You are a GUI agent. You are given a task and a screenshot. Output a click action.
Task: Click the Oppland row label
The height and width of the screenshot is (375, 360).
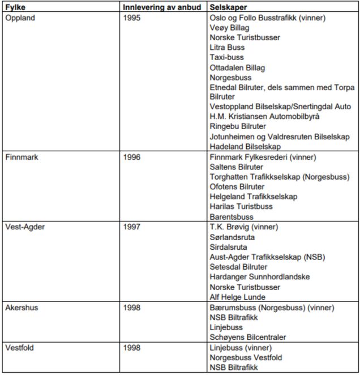click(20, 18)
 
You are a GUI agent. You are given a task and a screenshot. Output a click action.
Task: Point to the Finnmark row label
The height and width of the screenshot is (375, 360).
click(22, 157)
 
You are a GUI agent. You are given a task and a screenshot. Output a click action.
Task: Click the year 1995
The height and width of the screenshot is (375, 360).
click(132, 18)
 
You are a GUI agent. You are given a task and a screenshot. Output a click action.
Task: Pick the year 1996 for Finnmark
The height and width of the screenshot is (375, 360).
click(132, 157)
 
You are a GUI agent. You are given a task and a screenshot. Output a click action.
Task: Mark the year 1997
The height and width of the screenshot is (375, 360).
click(132, 227)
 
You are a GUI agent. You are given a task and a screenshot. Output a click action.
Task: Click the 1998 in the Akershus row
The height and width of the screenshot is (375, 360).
click(132, 308)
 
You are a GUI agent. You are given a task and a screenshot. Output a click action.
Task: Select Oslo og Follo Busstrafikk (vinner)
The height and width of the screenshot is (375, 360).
click(267, 18)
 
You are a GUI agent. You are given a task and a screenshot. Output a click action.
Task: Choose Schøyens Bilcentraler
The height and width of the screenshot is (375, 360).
click(247, 337)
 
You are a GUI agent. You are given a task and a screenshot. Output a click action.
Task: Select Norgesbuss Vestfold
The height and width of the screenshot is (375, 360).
click(246, 357)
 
